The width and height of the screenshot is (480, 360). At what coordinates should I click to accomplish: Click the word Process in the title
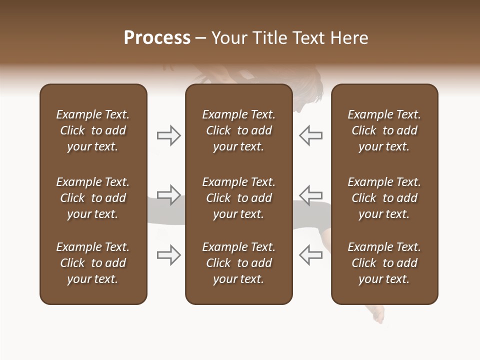click(157, 38)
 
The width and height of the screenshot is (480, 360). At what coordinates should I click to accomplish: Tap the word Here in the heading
click(350, 38)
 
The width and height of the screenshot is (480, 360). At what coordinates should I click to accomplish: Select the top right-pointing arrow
click(169, 135)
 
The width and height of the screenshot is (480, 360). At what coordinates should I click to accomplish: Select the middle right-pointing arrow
click(169, 194)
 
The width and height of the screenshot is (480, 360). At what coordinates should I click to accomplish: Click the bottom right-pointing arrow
click(169, 255)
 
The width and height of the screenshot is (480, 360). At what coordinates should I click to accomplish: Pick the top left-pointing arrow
click(310, 135)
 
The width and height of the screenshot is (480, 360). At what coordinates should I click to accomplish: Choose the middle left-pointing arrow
click(310, 194)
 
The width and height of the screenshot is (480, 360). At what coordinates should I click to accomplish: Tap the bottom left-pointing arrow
click(310, 255)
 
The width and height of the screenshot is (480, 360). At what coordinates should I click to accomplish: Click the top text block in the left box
click(93, 130)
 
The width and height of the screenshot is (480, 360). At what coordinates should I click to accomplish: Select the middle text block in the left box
click(93, 198)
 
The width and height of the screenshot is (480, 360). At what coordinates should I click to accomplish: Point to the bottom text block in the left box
click(93, 263)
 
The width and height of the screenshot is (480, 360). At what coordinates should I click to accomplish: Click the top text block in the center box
click(238, 130)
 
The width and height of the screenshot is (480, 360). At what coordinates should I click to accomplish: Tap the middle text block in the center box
click(238, 198)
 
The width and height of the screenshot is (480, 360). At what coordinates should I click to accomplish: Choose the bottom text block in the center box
click(238, 263)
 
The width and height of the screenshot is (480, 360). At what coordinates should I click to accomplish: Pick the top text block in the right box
click(384, 130)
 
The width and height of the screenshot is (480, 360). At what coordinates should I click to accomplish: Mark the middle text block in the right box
click(384, 198)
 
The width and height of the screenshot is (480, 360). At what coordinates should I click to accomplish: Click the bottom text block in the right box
click(384, 263)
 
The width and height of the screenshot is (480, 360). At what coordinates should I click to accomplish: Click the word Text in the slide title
click(308, 38)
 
